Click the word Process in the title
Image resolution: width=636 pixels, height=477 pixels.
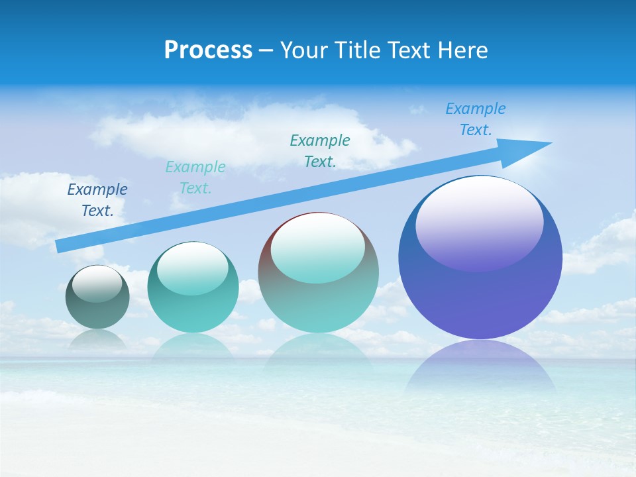pyautogui.click(x=208, y=50)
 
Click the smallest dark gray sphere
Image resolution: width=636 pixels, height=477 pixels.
pyautogui.click(x=97, y=297)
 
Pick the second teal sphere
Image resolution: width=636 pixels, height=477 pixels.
pyautogui.click(x=193, y=288)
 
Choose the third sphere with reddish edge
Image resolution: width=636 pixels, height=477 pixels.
pyautogui.click(x=318, y=273)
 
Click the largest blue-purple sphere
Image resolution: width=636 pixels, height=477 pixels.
pyautogui.click(x=480, y=258)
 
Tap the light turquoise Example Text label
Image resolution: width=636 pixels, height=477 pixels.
pyautogui.click(x=195, y=178)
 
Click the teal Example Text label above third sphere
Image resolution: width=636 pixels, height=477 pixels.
pyautogui.click(x=320, y=150)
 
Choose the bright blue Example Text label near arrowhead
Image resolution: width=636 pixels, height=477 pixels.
pyautogui.click(x=476, y=119)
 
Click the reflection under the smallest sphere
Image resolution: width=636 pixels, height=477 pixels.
pyautogui.click(x=97, y=339)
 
